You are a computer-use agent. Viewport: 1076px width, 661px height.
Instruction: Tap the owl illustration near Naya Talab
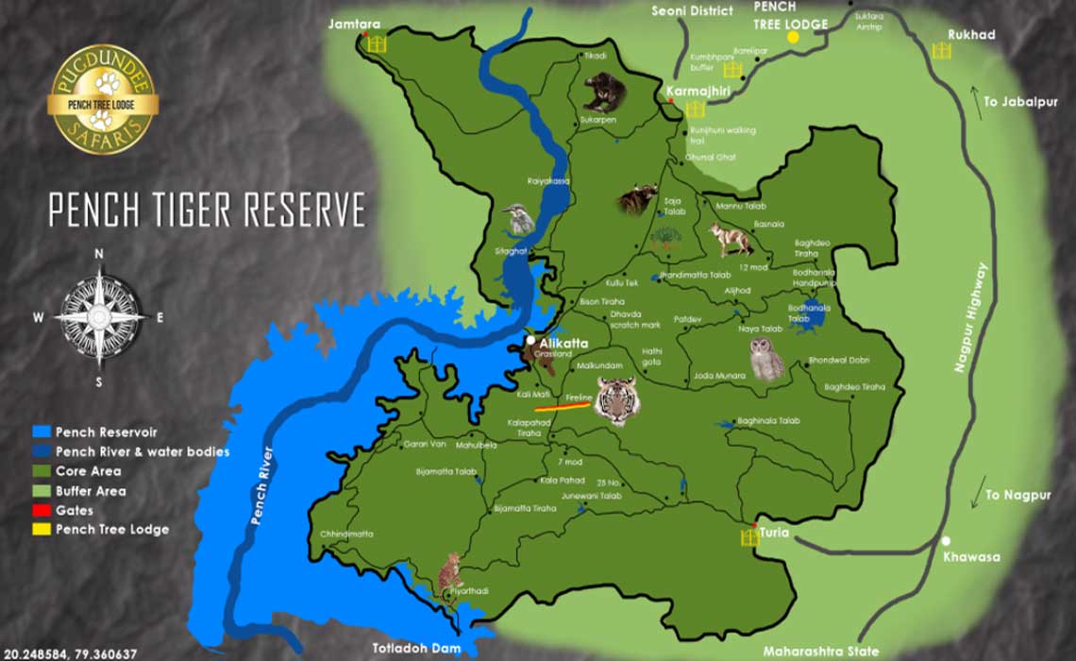coord(765,359)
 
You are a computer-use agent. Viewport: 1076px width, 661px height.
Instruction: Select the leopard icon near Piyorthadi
coord(450,572)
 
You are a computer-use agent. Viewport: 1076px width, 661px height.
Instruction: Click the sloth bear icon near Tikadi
coord(603,92)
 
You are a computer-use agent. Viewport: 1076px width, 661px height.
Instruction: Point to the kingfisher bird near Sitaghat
coord(518,219)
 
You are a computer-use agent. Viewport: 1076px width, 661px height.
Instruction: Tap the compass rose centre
coord(99,316)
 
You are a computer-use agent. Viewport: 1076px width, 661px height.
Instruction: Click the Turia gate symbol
coord(749,536)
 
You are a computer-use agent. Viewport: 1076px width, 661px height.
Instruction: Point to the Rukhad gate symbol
coord(941,51)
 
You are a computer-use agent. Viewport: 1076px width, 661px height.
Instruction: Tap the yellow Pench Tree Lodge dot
coord(793,37)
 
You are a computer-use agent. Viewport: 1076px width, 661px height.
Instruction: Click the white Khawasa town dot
coord(946,541)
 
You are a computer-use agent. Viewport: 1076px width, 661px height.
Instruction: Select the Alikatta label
coord(563,343)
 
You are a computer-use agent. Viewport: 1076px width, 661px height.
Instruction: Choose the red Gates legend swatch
coord(42,510)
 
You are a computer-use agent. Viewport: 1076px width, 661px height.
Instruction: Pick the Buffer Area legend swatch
coord(42,491)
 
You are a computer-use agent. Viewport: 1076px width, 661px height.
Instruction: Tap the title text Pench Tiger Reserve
coord(207,211)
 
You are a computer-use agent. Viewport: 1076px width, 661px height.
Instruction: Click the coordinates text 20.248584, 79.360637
coord(71,653)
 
